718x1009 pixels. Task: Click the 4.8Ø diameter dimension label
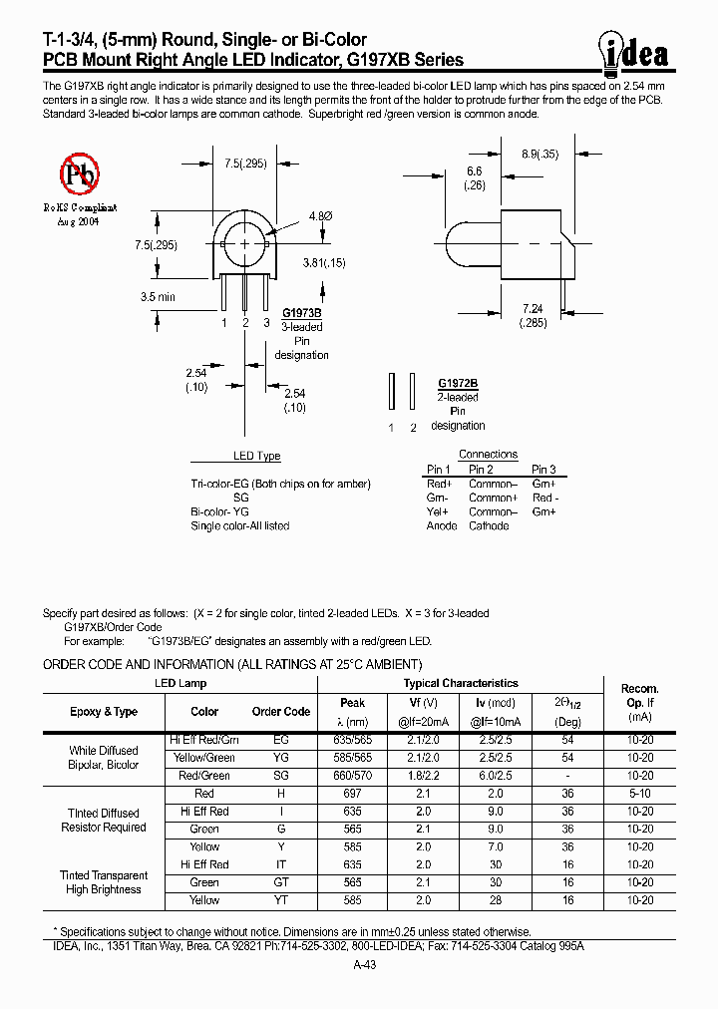pos(319,215)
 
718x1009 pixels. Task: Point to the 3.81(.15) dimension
pos(323,262)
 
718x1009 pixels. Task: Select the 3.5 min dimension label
pos(158,297)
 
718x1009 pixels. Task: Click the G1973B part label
pos(301,312)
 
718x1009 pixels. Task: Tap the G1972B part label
pos(458,383)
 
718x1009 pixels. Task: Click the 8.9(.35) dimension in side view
pos(539,154)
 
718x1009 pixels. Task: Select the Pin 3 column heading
pos(543,470)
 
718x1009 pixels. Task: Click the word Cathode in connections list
pos(489,525)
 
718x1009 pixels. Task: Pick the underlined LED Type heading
pos(256,456)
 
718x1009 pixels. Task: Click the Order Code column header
pos(281,712)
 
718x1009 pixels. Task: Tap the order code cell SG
pos(281,776)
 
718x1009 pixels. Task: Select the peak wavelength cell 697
pos(353,794)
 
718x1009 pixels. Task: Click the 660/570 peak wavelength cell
pos(353,776)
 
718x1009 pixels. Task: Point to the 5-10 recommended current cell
pos(640,794)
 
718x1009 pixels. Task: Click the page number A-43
pos(365,965)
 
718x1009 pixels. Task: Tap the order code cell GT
pos(281,882)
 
